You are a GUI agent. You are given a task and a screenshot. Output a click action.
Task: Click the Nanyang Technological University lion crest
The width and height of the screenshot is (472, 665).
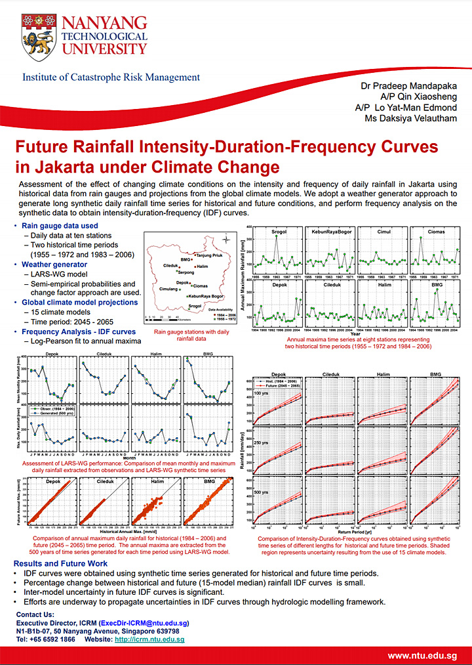[x=37, y=36]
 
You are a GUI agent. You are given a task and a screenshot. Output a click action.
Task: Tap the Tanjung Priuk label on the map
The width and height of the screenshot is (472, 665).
[x=212, y=253]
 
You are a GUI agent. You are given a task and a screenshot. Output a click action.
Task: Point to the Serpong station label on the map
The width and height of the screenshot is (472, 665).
[x=186, y=272]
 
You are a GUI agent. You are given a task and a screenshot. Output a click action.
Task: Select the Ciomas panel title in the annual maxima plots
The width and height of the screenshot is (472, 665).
[x=436, y=232]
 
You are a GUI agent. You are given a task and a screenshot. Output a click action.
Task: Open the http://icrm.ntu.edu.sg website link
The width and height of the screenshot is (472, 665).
[x=149, y=639]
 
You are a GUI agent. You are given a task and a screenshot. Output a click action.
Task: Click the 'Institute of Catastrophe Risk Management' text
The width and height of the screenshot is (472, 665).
[x=111, y=77]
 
